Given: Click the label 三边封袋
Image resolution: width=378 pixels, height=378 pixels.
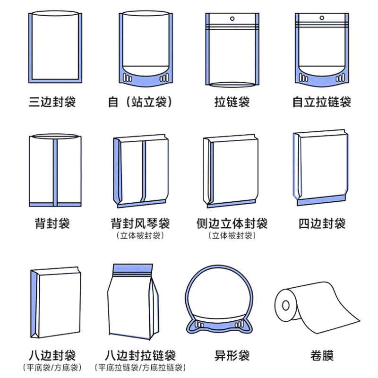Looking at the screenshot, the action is (x=52, y=102).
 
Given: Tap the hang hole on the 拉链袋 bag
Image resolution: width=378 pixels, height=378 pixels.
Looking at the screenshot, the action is (x=232, y=18).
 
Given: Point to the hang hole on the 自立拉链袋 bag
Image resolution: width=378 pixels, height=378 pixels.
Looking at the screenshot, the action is (x=322, y=18).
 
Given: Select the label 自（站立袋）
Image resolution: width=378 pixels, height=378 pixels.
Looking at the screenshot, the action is (x=140, y=102).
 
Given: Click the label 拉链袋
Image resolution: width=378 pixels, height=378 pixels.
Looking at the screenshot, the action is (x=232, y=102).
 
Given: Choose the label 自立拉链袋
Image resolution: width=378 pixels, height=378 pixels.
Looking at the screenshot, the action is (x=322, y=102).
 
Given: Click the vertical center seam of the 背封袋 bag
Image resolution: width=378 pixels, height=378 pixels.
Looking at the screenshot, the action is (x=55, y=172).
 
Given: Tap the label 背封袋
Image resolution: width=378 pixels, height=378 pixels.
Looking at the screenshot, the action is (x=52, y=223).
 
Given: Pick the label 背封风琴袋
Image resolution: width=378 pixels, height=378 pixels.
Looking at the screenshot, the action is (x=140, y=223).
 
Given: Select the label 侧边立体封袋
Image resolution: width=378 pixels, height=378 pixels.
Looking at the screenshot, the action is (x=232, y=223).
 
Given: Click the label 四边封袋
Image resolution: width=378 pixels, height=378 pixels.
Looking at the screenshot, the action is (x=322, y=223).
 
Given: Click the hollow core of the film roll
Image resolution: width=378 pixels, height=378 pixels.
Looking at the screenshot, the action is (x=286, y=305).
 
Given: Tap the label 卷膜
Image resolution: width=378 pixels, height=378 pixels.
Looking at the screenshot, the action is (x=322, y=356).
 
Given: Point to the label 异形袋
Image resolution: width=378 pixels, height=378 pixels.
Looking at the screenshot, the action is (x=232, y=356).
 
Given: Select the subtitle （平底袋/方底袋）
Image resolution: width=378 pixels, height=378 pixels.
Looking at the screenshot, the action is (x=52, y=368).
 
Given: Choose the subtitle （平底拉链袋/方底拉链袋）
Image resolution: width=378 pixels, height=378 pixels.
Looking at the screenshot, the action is (x=140, y=368).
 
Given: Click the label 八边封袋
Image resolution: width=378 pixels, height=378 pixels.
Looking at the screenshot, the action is (x=52, y=356).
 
